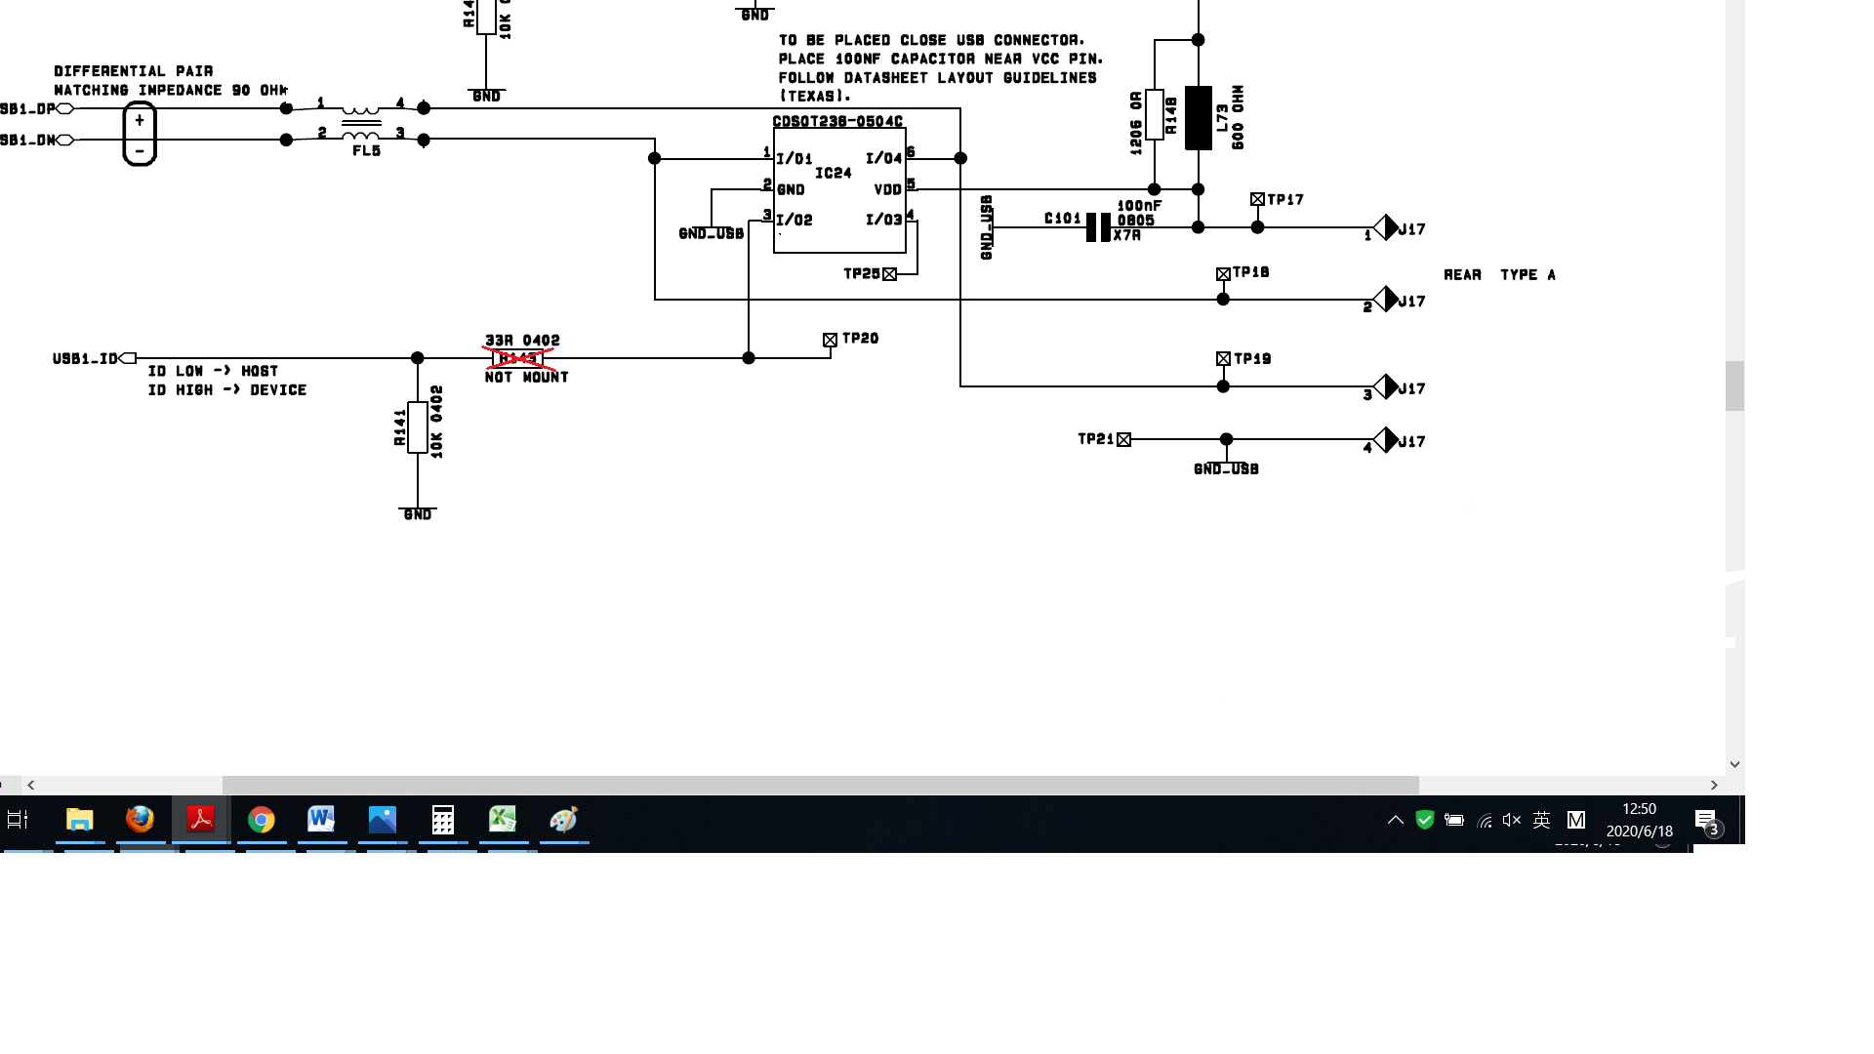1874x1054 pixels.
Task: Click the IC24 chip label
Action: (833, 173)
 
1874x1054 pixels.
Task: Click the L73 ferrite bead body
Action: (1198, 118)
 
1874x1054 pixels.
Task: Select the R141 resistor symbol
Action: (417, 426)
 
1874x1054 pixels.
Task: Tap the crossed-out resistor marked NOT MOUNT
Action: (518, 358)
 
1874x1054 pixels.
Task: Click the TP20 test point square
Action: (830, 340)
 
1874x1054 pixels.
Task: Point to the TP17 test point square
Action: (1257, 199)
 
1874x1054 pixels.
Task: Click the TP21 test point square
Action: (1123, 440)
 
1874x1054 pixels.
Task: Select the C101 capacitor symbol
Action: (1098, 227)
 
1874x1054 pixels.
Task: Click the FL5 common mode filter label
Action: (366, 150)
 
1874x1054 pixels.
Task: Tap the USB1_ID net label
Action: (85, 359)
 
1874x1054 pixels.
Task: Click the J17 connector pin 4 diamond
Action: (1386, 440)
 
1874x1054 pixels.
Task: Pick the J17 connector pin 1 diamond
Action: (1386, 227)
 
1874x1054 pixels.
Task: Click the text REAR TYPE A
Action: (1499, 275)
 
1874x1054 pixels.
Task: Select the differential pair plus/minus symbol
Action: (140, 135)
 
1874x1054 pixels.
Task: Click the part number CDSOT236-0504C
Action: (837, 122)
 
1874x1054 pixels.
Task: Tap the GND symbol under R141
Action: (417, 513)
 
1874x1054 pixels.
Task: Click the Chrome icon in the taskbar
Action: (261, 820)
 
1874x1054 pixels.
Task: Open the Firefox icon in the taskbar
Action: (140, 819)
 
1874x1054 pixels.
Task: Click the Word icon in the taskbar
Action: (321, 819)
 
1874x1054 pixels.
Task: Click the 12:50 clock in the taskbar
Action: (1639, 809)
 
